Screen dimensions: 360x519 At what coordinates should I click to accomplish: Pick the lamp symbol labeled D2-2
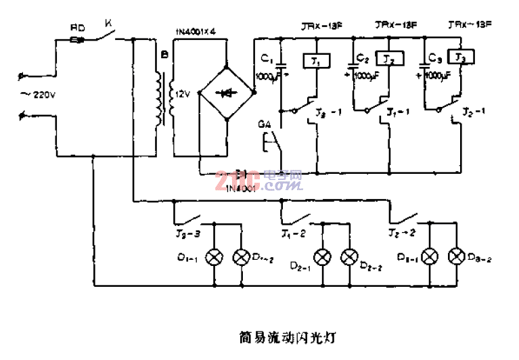(349, 256)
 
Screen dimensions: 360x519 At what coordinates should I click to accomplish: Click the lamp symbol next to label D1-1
(215, 256)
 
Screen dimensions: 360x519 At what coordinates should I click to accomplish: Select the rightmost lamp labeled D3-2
(457, 256)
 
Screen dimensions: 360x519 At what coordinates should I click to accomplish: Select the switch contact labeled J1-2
(296, 218)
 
